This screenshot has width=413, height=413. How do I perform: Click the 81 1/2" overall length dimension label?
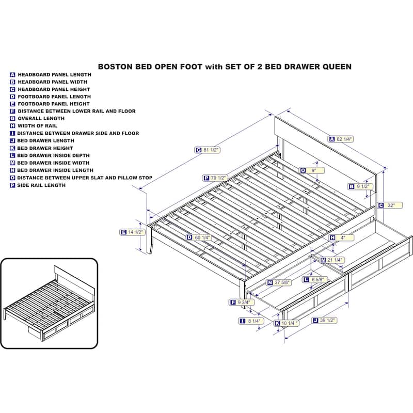208,150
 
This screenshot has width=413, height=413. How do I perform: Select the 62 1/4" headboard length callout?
341,139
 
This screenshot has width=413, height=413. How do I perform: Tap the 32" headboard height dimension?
390,205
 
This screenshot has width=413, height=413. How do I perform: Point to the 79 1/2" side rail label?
215,178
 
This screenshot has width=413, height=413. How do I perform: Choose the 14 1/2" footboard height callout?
132,232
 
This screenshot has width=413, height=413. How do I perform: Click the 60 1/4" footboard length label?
199,237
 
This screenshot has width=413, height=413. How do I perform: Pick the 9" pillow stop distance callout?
312,170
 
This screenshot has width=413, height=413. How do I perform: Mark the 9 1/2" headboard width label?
360,187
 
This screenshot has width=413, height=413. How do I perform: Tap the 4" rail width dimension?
341,238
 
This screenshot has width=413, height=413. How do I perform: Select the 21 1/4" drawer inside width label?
332,260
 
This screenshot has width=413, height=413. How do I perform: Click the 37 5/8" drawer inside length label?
279,282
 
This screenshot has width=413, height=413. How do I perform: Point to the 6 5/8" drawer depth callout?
315,279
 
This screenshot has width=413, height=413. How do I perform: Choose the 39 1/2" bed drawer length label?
325,320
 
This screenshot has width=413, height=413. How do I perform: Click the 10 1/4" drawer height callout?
287,323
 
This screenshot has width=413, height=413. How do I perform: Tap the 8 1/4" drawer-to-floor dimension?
251,321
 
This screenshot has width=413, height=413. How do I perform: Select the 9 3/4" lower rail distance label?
242,302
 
